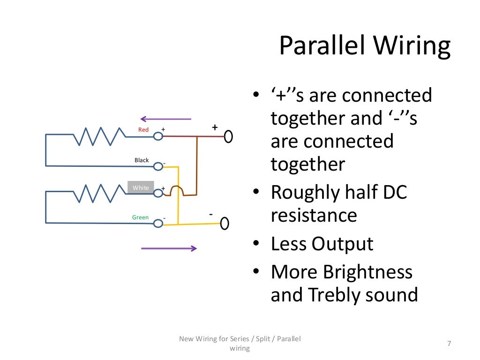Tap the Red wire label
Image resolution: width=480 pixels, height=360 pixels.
[143, 129]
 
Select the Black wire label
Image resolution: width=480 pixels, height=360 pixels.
[142, 160]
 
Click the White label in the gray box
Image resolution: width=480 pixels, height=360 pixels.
[141, 188]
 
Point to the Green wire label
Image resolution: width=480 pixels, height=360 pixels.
[140, 217]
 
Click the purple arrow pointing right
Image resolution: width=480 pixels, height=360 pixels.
[169, 248]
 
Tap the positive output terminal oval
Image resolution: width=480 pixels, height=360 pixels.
[228, 137]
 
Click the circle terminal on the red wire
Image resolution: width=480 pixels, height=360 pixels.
[158, 136]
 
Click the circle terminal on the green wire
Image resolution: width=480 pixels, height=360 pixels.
[158, 224]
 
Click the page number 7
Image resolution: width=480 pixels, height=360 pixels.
[449, 344]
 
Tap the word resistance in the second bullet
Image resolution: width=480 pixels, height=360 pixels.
[314, 216]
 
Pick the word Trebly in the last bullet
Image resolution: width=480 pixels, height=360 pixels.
[333, 295]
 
